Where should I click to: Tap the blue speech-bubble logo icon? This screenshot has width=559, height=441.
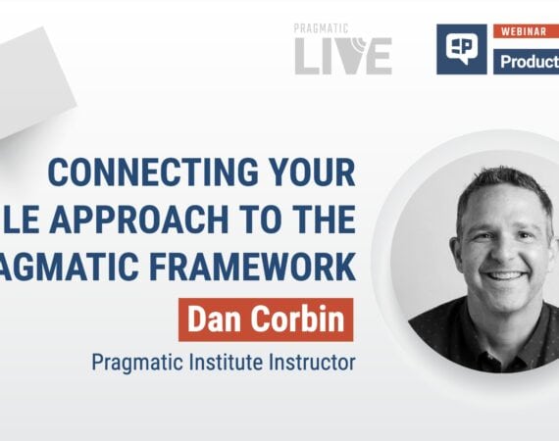coord(461,49)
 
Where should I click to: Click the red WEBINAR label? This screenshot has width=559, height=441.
coord(525,32)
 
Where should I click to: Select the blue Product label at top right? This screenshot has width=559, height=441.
coord(527,60)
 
